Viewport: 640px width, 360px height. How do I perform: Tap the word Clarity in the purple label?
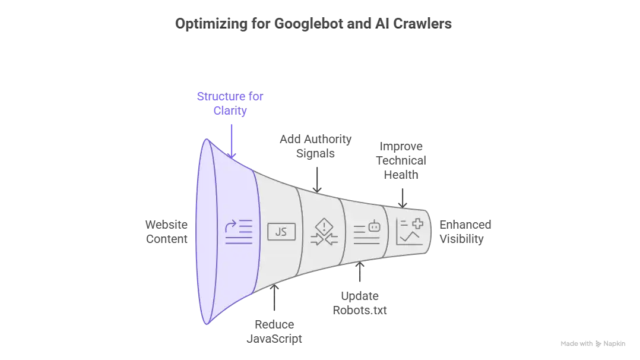click(x=230, y=111)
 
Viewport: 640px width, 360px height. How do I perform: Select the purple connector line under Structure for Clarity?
click(x=230, y=138)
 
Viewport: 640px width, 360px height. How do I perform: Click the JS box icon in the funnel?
click(x=281, y=232)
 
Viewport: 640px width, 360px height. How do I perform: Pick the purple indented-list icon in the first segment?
click(x=239, y=232)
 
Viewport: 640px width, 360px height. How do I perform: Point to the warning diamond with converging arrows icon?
click(x=324, y=232)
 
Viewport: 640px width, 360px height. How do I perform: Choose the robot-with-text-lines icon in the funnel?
click(x=366, y=233)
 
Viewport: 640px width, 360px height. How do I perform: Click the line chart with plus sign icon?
click(x=410, y=232)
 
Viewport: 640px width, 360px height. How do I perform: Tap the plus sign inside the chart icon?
click(x=418, y=224)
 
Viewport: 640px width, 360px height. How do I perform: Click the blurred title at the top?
click(x=315, y=24)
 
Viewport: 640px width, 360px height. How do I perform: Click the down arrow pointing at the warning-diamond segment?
click(x=316, y=179)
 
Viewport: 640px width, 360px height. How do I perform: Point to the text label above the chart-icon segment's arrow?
click(x=401, y=160)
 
